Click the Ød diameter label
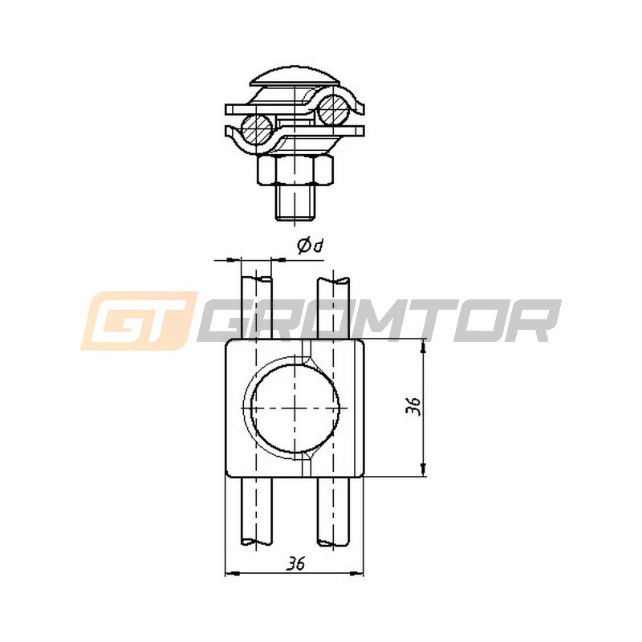coord(311,246)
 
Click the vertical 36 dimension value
coord(414,406)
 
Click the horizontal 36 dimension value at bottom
coord(295,564)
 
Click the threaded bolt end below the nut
coord(295,203)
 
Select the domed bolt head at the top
coord(295,78)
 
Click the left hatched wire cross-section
coord(257,129)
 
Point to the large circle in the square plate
coord(295,408)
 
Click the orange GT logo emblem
coord(139,321)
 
